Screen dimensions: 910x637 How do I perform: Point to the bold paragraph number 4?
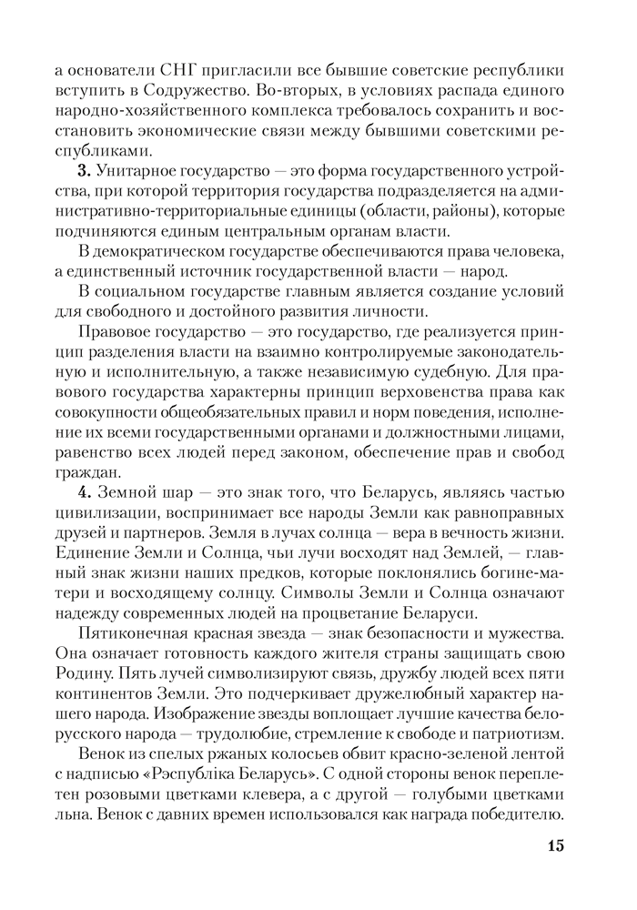tap(84, 495)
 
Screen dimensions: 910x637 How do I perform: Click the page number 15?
tap(556, 846)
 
